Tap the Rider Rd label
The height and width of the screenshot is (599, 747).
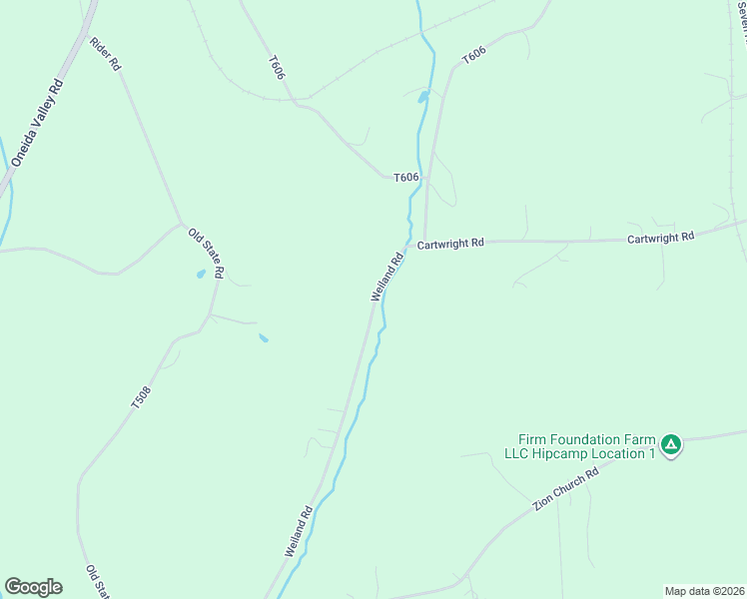coord(105,53)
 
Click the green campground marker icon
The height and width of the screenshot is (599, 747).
coord(672,443)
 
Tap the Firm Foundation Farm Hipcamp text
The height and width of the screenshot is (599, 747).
coord(587,446)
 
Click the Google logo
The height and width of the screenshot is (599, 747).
coord(33,587)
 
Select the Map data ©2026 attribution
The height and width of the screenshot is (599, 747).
coord(705,591)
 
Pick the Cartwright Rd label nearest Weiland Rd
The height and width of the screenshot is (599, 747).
coord(450,243)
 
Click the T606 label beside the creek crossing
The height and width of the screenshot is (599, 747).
coord(405,178)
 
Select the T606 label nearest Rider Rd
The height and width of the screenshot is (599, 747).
coord(277,67)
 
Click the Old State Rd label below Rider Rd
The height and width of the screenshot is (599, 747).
coord(207,254)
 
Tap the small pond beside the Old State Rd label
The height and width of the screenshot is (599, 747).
coord(201,273)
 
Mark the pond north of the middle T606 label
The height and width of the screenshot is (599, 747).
coord(423,97)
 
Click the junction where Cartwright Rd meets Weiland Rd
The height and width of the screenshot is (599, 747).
coord(406,244)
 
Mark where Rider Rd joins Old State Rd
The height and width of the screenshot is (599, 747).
coord(181,223)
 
